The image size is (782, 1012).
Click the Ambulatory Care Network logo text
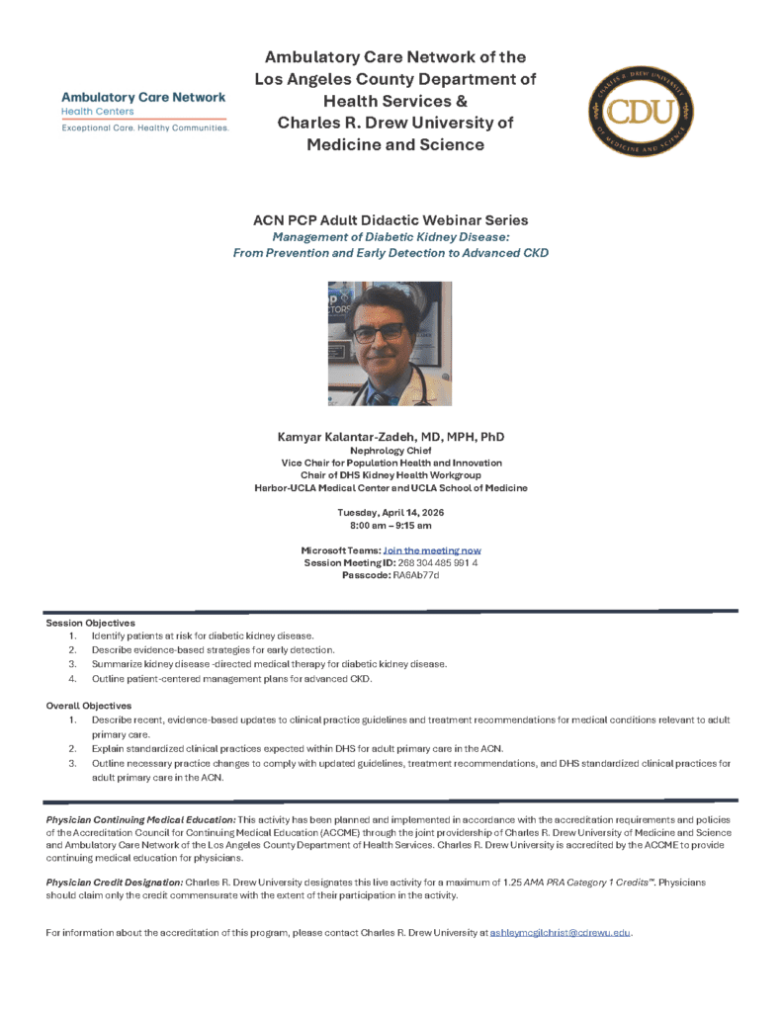pyautogui.click(x=143, y=98)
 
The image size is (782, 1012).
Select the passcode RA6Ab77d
pyautogui.click(x=415, y=575)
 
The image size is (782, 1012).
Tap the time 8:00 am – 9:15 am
pyautogui.click(x=391, y=525)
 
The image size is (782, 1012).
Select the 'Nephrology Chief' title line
pyautogui.click(x=391, y=451)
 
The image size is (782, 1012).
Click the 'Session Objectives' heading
pyautogui.click(x=90, y=623)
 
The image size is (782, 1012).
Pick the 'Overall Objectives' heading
pyautogui.click(x=89, y=706)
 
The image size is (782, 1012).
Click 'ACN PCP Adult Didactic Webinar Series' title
pyautogui.click(x=391, y=220)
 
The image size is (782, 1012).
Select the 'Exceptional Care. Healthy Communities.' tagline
pyautogui.click(x=145, y=128)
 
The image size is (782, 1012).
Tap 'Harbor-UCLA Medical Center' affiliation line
pyautogui.click(x=391, y=488)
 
